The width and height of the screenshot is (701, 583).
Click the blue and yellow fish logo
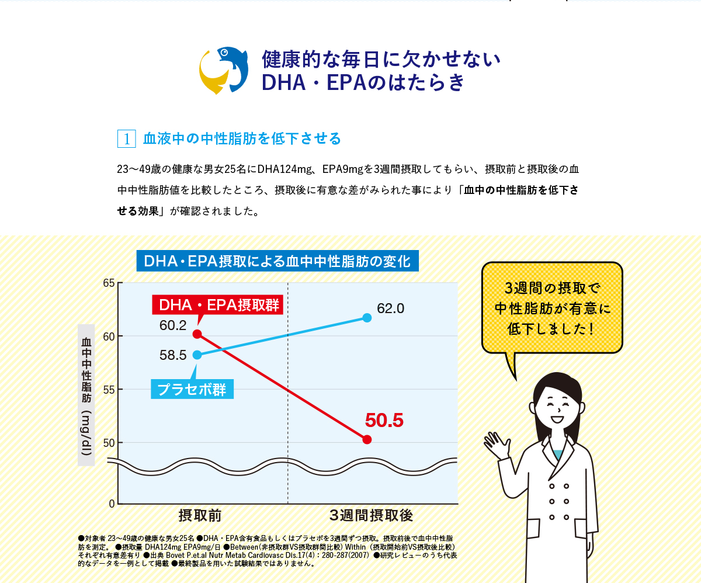(x=224, y=70)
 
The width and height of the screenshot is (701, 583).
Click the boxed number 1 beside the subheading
(x=127, y=138)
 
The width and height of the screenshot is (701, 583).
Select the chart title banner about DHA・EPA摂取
(x=277, y=261)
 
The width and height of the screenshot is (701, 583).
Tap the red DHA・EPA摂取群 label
(x=217, y=304)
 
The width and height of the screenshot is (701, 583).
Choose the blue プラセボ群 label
(x=192, y=390)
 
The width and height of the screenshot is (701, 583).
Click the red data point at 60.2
(x=197, y=334)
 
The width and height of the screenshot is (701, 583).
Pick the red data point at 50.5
(x=367, y=439)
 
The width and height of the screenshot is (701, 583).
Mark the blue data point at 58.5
(x=197, y=355)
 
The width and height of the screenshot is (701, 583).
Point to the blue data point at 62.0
(x=367, y=318)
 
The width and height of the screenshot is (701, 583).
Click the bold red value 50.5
(x=384, y=421)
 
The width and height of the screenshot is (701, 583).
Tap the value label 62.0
(x=390, y=308)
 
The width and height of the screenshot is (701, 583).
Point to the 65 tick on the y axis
(x=109, y=283)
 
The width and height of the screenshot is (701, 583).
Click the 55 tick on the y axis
(x=109, y=390)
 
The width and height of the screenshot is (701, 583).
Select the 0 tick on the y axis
(x=112, y=504)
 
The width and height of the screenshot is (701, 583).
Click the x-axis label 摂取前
(x=200, y=515)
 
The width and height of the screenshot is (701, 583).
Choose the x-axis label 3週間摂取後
(x=372, y=515)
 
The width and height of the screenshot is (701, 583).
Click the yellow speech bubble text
(x=552, y=308)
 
